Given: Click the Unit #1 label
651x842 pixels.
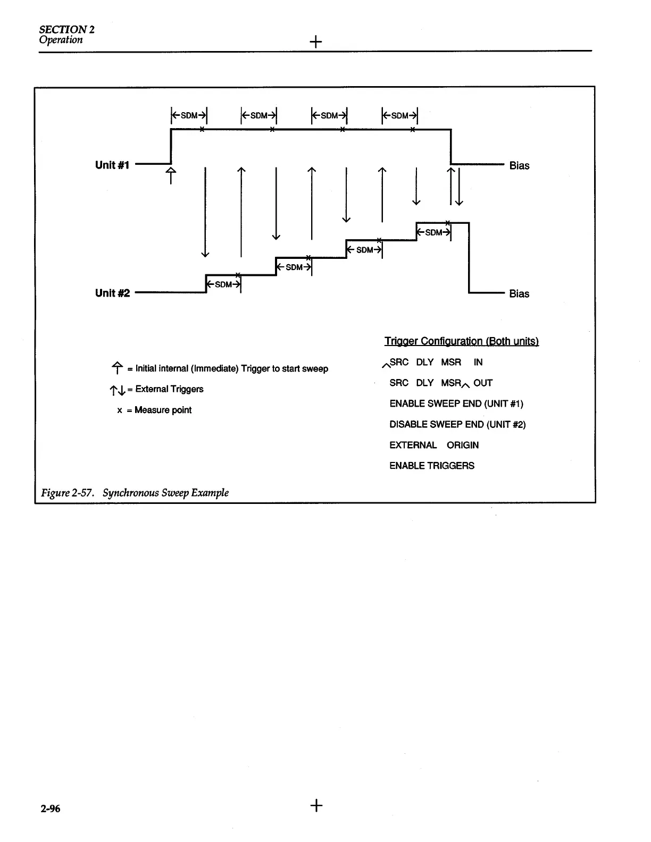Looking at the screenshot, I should pos(112,165).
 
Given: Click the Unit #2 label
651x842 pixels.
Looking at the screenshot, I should pos(112,293).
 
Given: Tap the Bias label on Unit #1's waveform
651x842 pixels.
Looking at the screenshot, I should pos(519,166).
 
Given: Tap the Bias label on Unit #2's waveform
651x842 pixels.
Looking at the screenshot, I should pos(519,294).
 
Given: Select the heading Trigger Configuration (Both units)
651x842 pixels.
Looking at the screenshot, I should pos(461,341).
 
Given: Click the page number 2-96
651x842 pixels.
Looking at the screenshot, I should pos(51,809).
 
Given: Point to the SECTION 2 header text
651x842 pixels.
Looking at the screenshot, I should pos(66,29).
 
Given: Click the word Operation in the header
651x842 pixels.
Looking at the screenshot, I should pos(61,40).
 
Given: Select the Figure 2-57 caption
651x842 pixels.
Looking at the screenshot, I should pos(135,493).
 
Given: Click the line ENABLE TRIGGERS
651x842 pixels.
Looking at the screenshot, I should pos(432,466).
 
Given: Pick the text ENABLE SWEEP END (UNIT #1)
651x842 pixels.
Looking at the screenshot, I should pos(456,403).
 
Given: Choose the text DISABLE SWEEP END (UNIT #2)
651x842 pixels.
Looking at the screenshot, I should pos(457,424).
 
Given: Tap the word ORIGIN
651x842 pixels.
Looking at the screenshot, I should pos(463,445).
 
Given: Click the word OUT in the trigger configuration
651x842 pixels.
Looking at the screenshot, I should pos(483,383).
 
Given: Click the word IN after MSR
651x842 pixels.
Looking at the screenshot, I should pos(478,362).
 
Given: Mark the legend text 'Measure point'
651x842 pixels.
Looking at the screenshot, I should pos(163,410).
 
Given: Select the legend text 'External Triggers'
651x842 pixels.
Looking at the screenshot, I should pos(169,389).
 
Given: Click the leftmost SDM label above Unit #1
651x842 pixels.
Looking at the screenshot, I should pos(189,115).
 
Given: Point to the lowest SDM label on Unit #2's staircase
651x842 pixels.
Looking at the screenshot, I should pos(223,284).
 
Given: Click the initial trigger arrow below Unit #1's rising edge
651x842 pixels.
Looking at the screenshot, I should pos(171,175).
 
